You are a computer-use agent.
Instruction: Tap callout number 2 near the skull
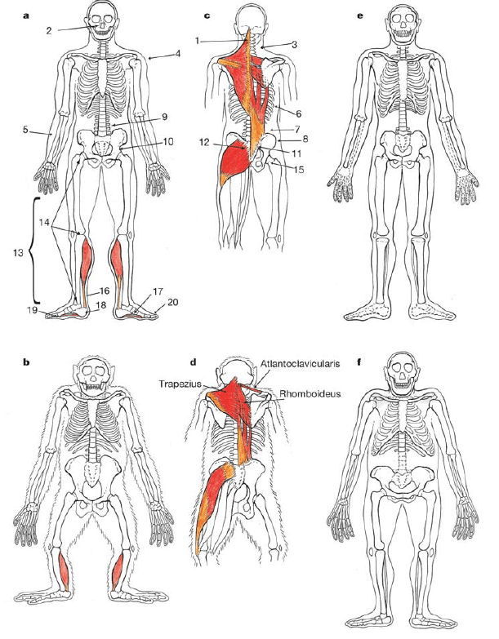(49, 31)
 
